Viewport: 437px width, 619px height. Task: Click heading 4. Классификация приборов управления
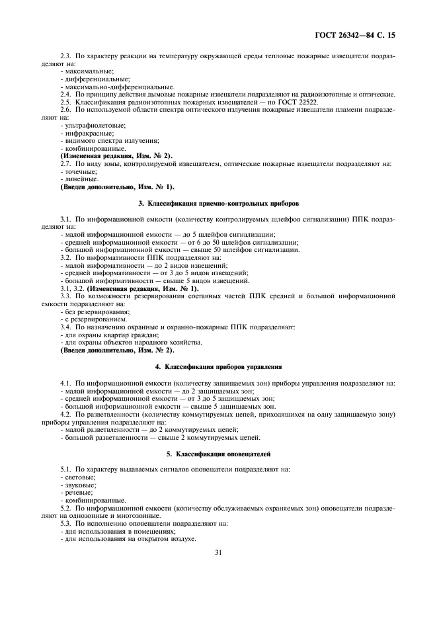[218, 366]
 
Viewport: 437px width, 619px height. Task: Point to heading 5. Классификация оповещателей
[218, 454]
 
